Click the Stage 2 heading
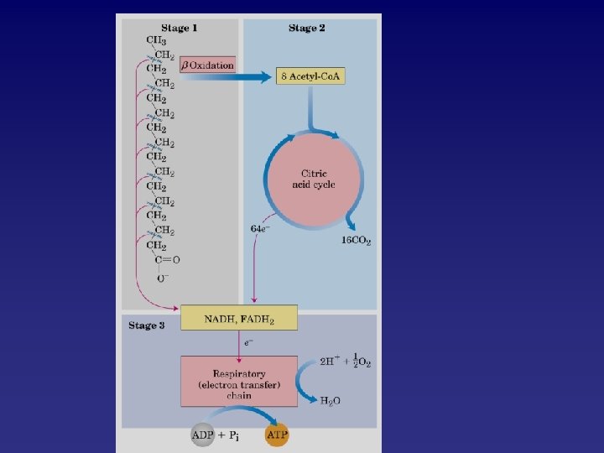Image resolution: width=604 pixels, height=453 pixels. click(x=307, y=28)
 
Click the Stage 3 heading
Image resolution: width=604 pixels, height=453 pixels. click(x=146, y=325)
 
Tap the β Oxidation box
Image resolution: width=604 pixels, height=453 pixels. click(x=206, y=65)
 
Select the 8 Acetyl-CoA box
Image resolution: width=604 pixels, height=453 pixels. click(x=310, y=76)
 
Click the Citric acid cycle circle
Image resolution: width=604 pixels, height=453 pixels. click(x=314, y=179)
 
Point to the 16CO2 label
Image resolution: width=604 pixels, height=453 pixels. click(x=356, y=241)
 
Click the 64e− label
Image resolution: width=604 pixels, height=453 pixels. click(x=260, y=229)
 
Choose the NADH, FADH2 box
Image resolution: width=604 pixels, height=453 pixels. click(x=239, y=319)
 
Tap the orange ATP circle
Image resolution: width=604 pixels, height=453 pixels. click(x=276, y=435)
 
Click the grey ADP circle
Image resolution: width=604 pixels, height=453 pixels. click(x=202, y=435)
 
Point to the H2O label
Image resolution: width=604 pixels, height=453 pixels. click(x=331, y=401)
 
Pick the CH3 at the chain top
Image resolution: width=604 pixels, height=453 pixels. click(x=156, y=40)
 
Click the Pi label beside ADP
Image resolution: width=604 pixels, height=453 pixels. click(x=238, y=435)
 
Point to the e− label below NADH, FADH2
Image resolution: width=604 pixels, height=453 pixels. click(x=249, y=342)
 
